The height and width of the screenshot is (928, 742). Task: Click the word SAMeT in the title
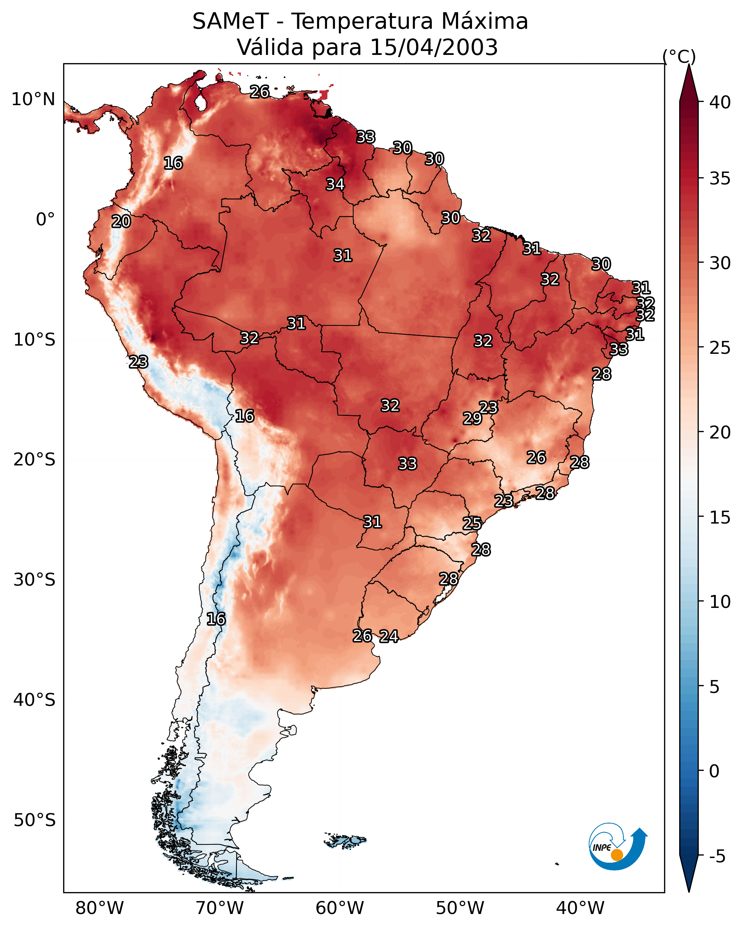(230, 22)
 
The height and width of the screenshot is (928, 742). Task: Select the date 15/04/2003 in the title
(434, 47)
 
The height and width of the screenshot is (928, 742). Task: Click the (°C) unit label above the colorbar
(679, 56)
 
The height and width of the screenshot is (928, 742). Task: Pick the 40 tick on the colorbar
(720, 102)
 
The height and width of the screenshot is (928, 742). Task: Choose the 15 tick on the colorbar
(720, 517)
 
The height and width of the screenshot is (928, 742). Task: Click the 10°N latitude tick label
(33, 99)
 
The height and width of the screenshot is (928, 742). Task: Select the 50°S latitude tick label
(34, 820)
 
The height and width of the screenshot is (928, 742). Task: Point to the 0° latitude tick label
(45, 220)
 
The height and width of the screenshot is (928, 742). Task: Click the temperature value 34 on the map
(335, 184)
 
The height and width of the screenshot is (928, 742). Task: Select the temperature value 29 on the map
(472, 418)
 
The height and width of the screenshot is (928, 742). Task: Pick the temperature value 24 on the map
(389, 636)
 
